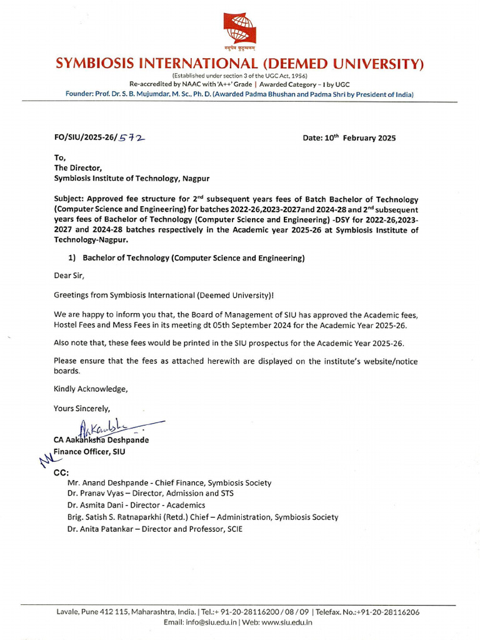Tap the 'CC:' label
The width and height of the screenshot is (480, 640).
pos(61,472)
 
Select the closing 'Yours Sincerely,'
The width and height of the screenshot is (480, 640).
pos(82,409)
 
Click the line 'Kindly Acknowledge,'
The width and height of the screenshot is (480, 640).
pos(91,389)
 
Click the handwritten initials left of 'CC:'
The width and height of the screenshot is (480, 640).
pos(45,461)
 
